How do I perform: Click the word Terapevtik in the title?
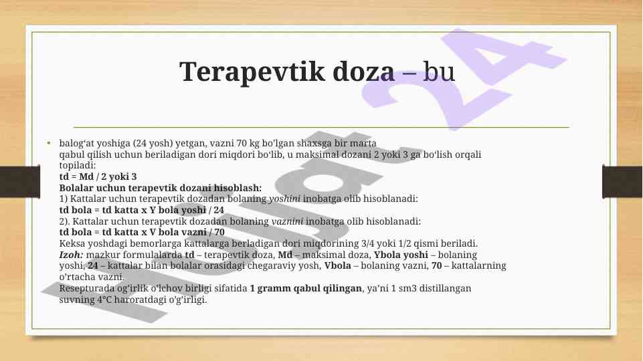tap(252, 72)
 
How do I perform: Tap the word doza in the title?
tap(364, 72)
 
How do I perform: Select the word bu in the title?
tap(439, 72)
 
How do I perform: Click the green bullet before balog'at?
tap(49, 143)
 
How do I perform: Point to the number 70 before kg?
tap(242, 143)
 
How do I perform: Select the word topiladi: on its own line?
tap(78, 166)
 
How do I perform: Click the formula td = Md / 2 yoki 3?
tap(98, 176)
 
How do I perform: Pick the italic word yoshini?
tap(284, 199)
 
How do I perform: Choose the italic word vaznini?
tap(288, 221)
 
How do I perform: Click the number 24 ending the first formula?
tap(219, 210)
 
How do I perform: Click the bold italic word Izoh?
tap(72, 255)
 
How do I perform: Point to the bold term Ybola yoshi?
tap(401, 255)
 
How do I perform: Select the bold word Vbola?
tap(337, 265)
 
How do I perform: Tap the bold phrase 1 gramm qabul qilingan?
tap(306, 288)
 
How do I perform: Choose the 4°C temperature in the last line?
tap(104, 299)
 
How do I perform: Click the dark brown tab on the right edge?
tap(622, 182)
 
